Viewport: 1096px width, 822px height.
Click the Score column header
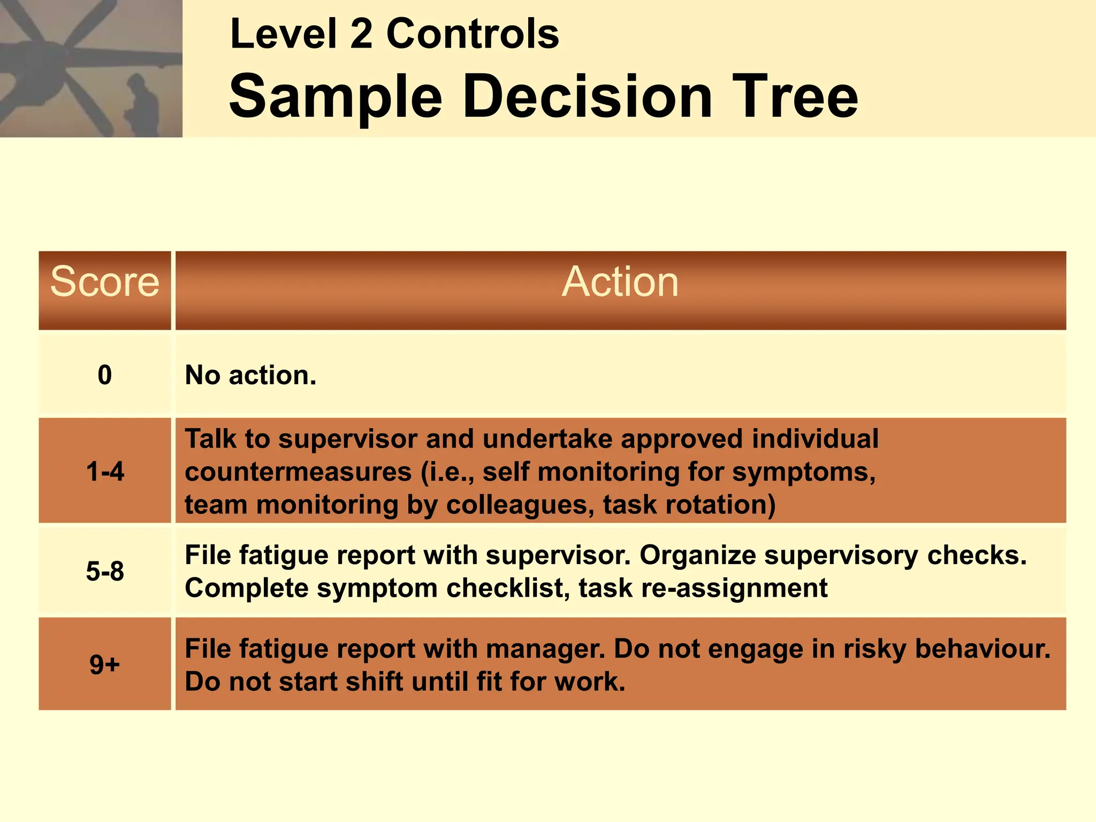click(105, 282)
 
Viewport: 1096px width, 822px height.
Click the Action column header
click(620, 282)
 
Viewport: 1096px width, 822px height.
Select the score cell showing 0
click(105, 375)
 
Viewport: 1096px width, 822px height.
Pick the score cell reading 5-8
click(105, 572)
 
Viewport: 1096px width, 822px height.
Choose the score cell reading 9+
click(105, 665)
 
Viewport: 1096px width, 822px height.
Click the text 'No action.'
click(250, 375)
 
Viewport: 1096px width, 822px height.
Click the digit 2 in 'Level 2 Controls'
click(361, 34)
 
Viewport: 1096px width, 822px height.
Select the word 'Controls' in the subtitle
click(473, 34)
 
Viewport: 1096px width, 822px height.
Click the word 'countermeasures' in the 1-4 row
click(298, 472)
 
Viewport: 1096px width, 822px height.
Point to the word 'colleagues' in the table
click(520, 505)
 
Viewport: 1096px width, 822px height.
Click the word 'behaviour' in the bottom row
click(983, 649)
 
